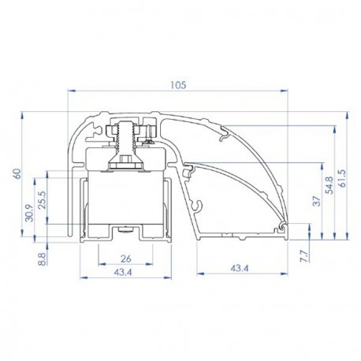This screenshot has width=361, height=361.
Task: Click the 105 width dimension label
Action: pyautogui.click(x=178, y=85)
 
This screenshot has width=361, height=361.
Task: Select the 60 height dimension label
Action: pyautogui.click(x=17, y=173)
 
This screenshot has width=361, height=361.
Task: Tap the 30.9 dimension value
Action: pyautogui.click(x=30, y=213)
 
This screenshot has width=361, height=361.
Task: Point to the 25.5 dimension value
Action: pyautogui.click(x=43, y=199)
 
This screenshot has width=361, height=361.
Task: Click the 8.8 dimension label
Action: pyautogui.click(x=43, y=259)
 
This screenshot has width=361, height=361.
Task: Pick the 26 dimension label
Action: pyautogui.click(x=125, y=259)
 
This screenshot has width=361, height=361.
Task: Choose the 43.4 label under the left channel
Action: pyautogui.click(x=123, y=273)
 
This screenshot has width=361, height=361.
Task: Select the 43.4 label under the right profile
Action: pyautogui.click(x=240, y=268)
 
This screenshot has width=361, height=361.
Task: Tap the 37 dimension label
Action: pyautogui.click(x=318, y=201)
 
